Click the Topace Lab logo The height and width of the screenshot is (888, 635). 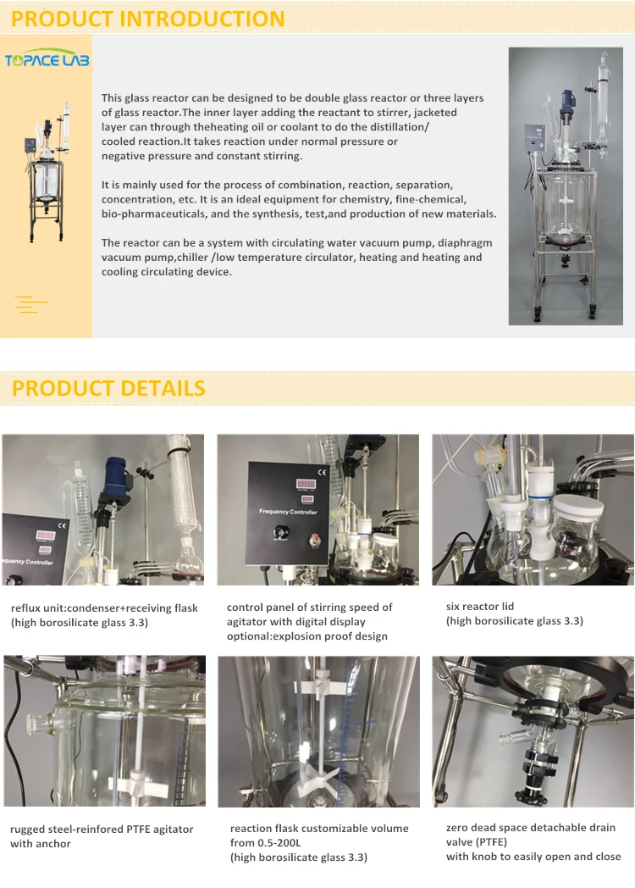tap(47, 60)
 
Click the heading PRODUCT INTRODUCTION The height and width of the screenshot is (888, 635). tap(148, 18)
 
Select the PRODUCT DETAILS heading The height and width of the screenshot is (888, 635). tap(108, 388)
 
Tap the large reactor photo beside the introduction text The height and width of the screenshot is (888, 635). tap(565, 186)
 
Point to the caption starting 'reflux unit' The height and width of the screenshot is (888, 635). tap(104, 614)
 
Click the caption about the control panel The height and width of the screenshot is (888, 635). tap(309, 621)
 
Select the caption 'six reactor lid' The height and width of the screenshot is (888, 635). tap(514, 613)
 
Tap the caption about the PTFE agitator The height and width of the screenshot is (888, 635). tap(102, 835)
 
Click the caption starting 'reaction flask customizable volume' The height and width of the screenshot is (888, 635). tap(318, 842)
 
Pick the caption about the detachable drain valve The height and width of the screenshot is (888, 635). tap(533, 841)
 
